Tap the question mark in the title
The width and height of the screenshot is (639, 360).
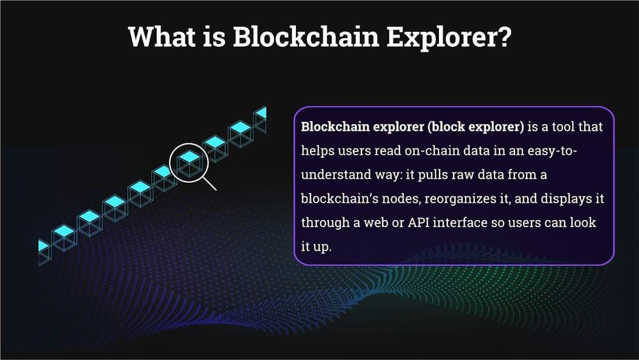[504, 36]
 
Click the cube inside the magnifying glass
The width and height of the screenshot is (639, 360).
[189, 163]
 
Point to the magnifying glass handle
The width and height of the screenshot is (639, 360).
[210, 184]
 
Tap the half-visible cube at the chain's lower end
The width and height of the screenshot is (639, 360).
[45, 253]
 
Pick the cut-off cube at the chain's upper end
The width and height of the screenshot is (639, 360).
[260, 120]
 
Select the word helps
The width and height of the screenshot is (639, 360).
[318, 151]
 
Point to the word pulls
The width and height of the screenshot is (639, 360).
[433, 175]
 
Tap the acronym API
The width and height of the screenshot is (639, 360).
[419, 223]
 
